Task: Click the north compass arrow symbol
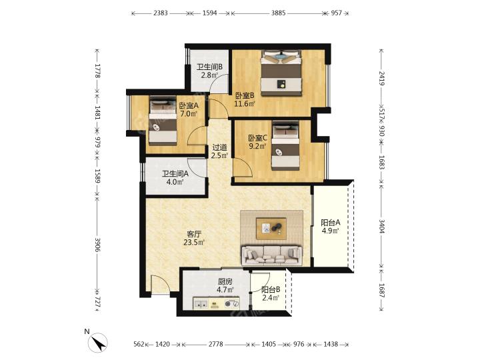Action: (98, 343)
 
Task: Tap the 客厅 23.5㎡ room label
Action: (194, 239)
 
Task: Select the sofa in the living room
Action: (271, 255)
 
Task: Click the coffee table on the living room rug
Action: (271, 229)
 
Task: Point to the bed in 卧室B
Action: (281, 73)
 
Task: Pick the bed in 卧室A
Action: (163, 120)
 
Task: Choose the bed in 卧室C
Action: (285, 145)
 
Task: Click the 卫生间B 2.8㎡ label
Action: (210, 71)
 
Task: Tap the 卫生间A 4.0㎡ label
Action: (175, 178)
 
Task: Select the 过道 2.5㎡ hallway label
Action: (220, 151)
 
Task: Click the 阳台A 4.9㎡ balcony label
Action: (330, 226)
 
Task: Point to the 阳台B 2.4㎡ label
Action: (271, 293)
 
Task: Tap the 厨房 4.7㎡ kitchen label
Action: (225, 285)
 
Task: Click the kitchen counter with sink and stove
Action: (216, 303)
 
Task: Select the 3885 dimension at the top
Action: (278, 13)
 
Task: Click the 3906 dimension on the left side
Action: (97, 245)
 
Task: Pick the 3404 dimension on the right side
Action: (381, 226)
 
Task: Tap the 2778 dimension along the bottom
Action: (216, 344)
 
